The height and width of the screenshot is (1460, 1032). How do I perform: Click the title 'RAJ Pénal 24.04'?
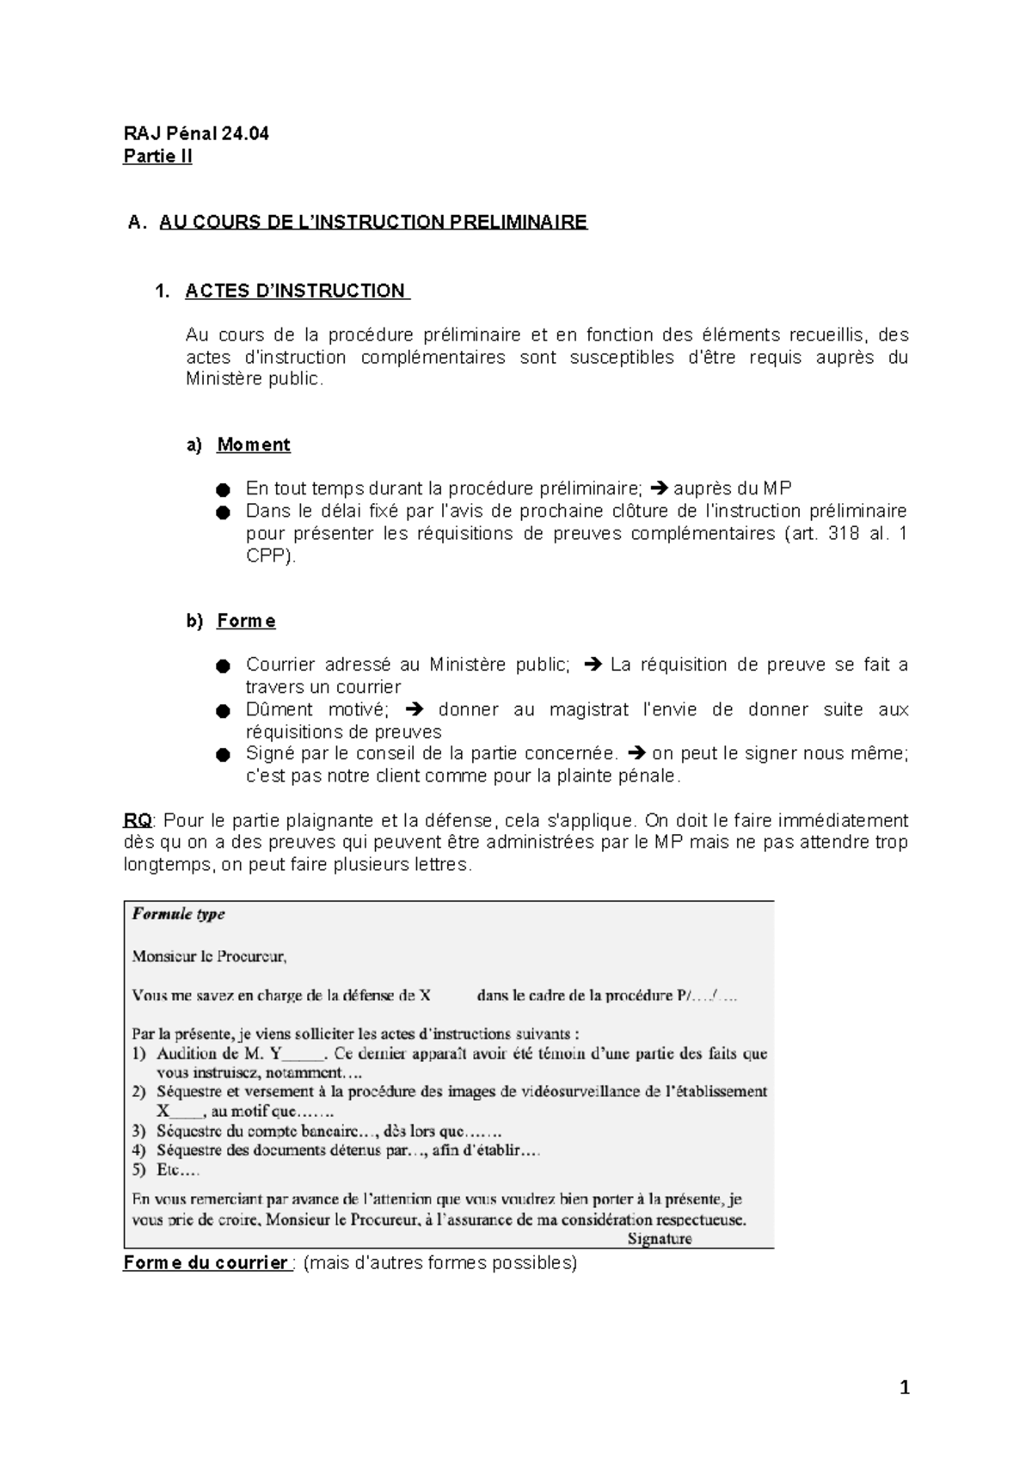(x=196, y=133)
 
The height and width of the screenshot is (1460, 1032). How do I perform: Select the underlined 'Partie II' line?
(x=157, y=156)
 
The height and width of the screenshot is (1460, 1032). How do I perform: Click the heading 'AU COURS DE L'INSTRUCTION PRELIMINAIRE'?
(x=372, y=222)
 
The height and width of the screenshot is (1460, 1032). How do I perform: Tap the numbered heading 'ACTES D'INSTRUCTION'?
(x=296, y=291)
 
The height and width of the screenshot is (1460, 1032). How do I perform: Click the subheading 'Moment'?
(x=253, y=445)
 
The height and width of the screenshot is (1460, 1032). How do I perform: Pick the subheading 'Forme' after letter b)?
(x=246, y=621)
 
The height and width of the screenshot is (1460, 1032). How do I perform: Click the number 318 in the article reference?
(x=843, y=533)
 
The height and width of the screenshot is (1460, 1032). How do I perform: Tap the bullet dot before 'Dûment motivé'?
(x=223, y=710)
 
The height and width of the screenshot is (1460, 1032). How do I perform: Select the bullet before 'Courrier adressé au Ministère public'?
(x=223, y=666)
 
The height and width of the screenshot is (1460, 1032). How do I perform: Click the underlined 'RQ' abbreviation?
(x=138, y=820)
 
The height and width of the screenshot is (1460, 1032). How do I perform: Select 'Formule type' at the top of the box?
(x=178, y=914)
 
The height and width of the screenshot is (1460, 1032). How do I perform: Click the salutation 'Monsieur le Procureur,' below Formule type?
(x=209, y=955)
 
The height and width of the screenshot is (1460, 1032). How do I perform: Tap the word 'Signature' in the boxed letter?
(x=660, y=1239)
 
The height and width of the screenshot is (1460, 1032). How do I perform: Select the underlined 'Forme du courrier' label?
(x=206, y=1263)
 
